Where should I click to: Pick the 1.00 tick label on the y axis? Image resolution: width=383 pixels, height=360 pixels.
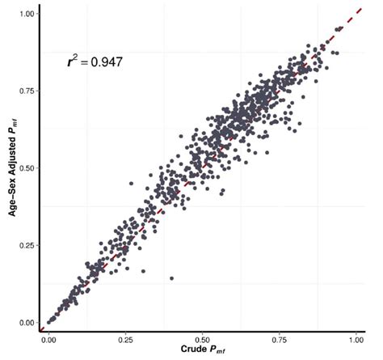pos(26,14)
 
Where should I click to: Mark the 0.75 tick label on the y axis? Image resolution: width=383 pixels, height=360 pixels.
pos(26,91)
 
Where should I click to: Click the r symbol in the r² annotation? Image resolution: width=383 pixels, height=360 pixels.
pos(70,62)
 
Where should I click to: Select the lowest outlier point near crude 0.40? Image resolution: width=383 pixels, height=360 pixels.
pos(171,278)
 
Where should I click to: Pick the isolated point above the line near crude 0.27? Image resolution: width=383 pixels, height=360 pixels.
pos(131,184)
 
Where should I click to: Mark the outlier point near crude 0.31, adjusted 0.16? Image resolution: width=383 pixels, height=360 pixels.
pos(143,270)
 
